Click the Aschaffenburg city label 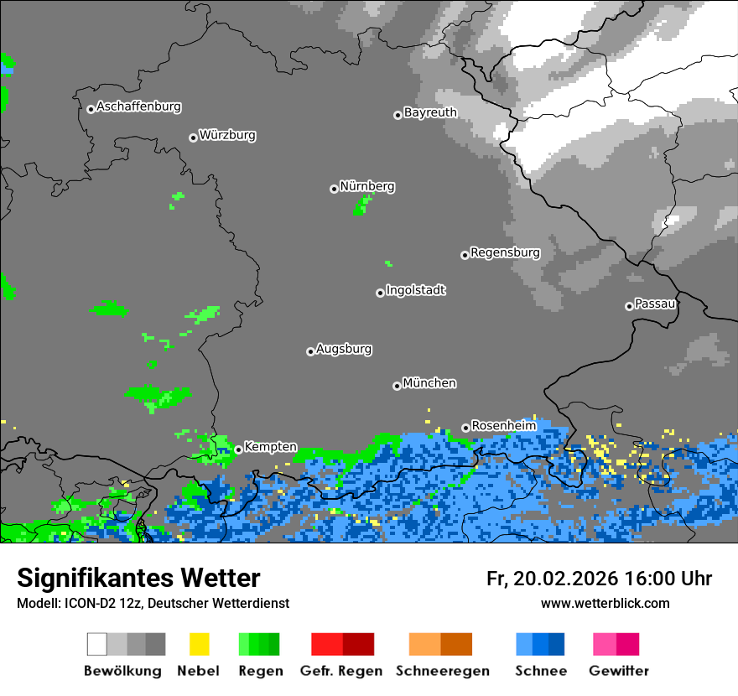[x=138, y=106]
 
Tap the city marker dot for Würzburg [x=193, y=138]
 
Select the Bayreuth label [x=430, y=112]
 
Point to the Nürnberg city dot [x=334, y=189]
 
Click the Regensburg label [x=505, y=252]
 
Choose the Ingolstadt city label [x=415, y=290]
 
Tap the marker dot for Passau [x=629, y=306]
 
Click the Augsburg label [x=344, y=349]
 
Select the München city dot [x=397, y=386]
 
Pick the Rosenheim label [x=503, y=425]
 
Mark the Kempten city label [x=270, y=447]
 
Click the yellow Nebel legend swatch [x=199, y=644]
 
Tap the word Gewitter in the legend [x=618, y=671]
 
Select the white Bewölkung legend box [x=97, y=644]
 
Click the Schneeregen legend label [x=442, y=671]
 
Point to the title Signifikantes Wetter [x=138, y=578]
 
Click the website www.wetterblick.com [x=605, y=603]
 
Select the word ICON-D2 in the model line [x=80, y=603]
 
